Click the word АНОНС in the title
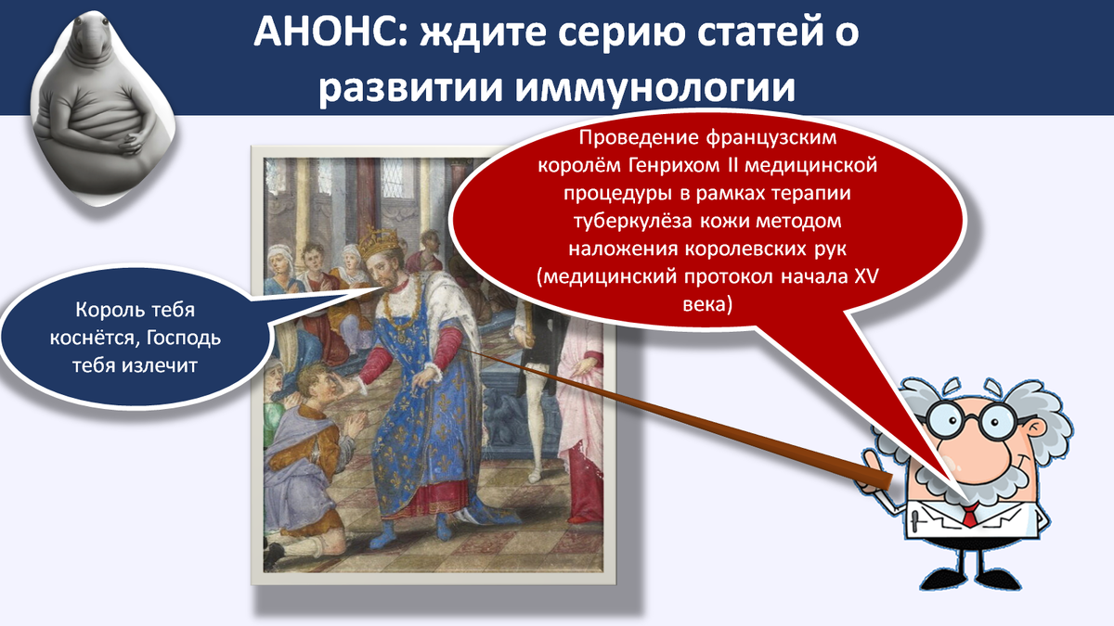tap(330, 32)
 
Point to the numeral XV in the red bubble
tap(866, 276)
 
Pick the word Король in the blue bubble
tap(107, 310)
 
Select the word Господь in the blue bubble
tap(184, 338)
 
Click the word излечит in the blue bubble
tap(160, 365)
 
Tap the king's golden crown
tap(379, 242)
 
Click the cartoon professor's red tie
tap(970, 516)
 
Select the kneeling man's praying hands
tap(355, 426)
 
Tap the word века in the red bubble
tap(707, 304)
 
